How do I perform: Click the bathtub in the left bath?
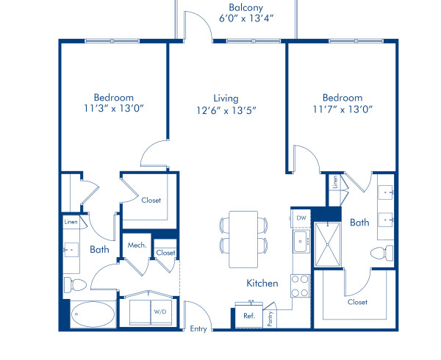[94, 315]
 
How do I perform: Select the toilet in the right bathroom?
[381, 253]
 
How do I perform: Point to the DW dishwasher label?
[301, 217]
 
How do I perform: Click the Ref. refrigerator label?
[249, 316]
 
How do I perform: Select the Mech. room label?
[137, 245]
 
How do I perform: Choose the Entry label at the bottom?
[198, 329]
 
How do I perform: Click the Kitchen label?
[262, 284]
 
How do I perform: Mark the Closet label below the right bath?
[356, 301]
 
